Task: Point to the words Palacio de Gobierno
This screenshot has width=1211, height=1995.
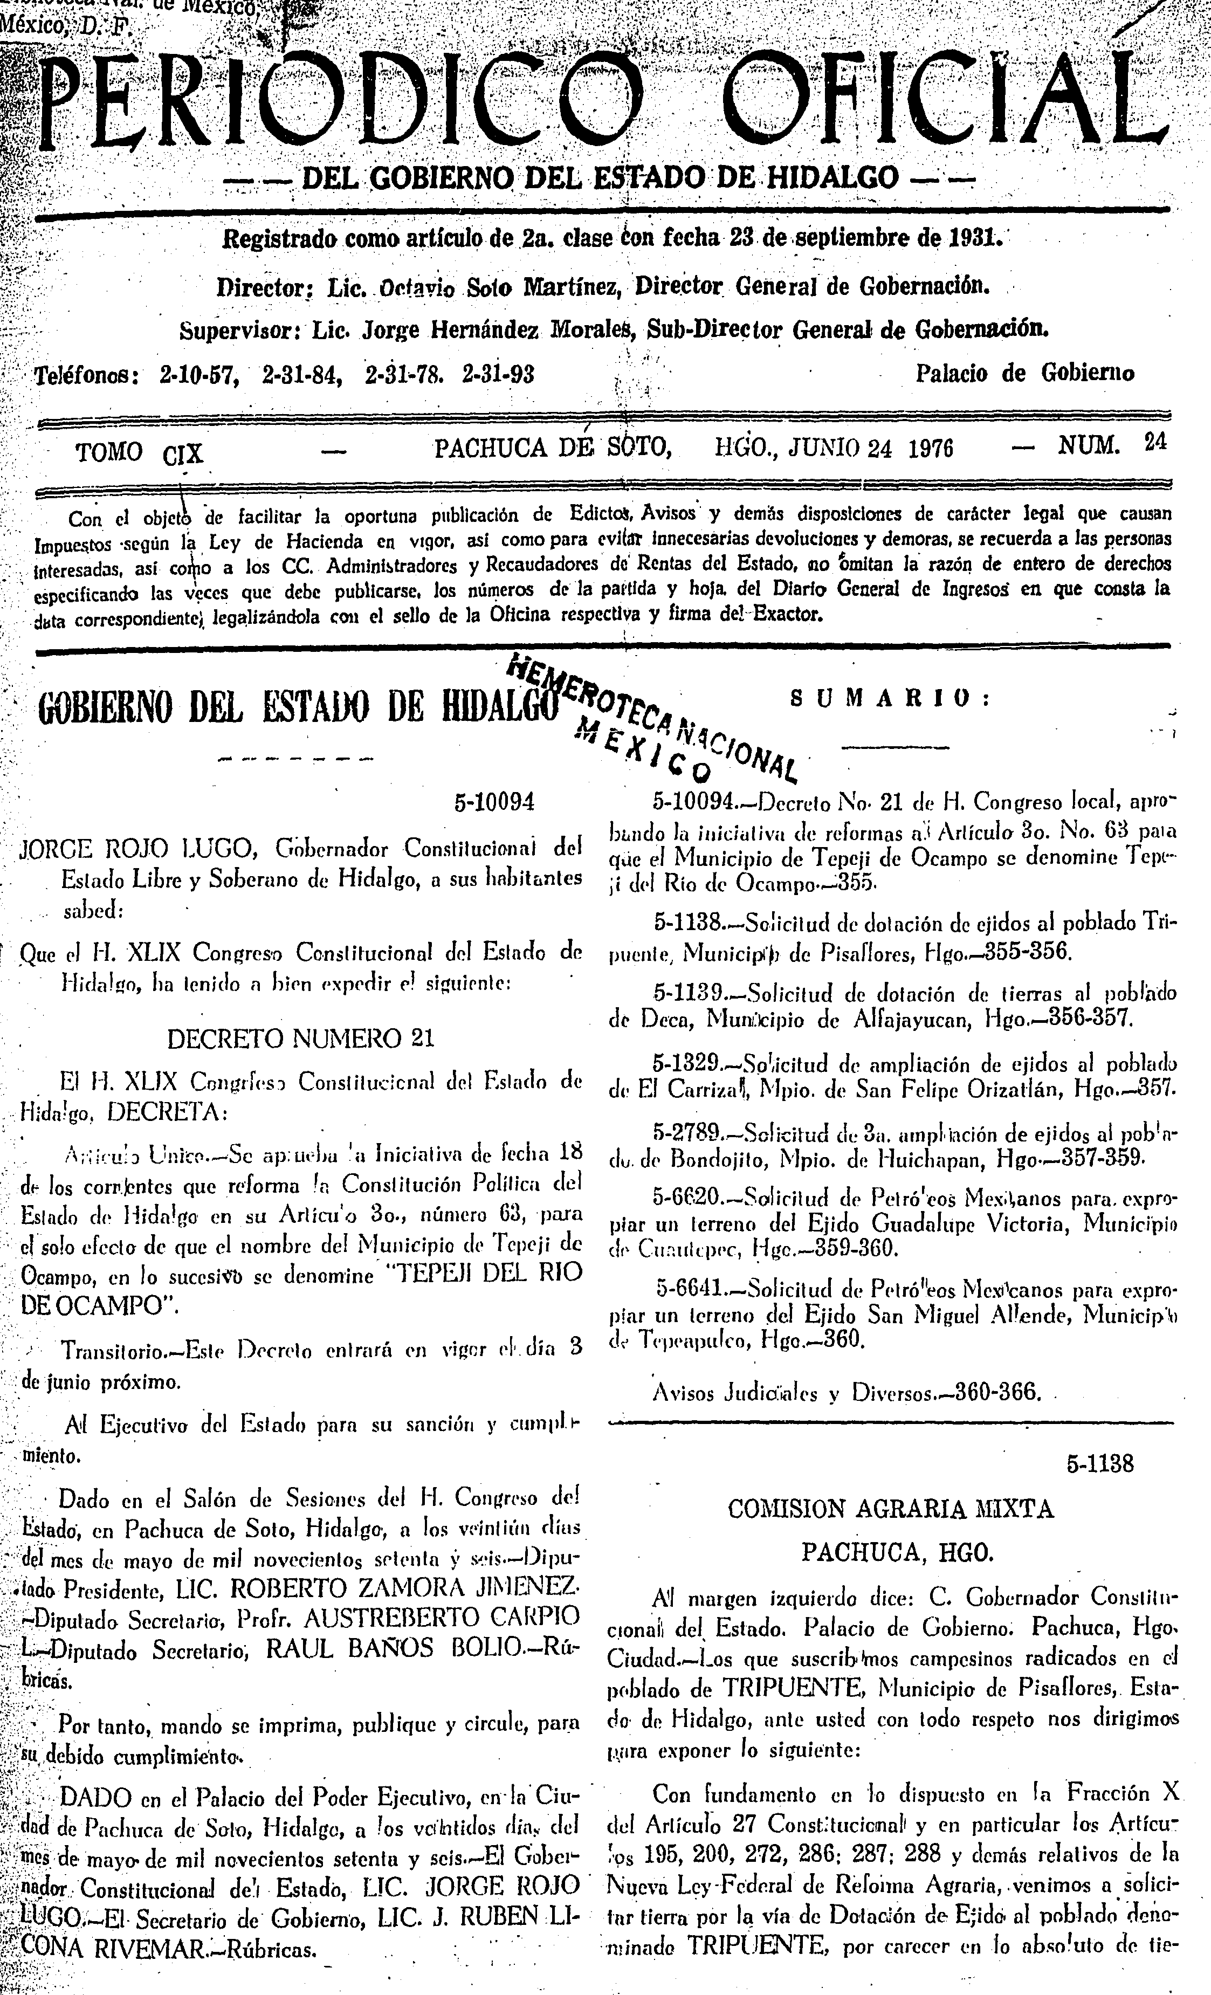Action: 1024,373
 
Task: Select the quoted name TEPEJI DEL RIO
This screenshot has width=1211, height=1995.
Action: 481,1273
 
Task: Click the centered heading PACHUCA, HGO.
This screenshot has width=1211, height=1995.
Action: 890,1551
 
